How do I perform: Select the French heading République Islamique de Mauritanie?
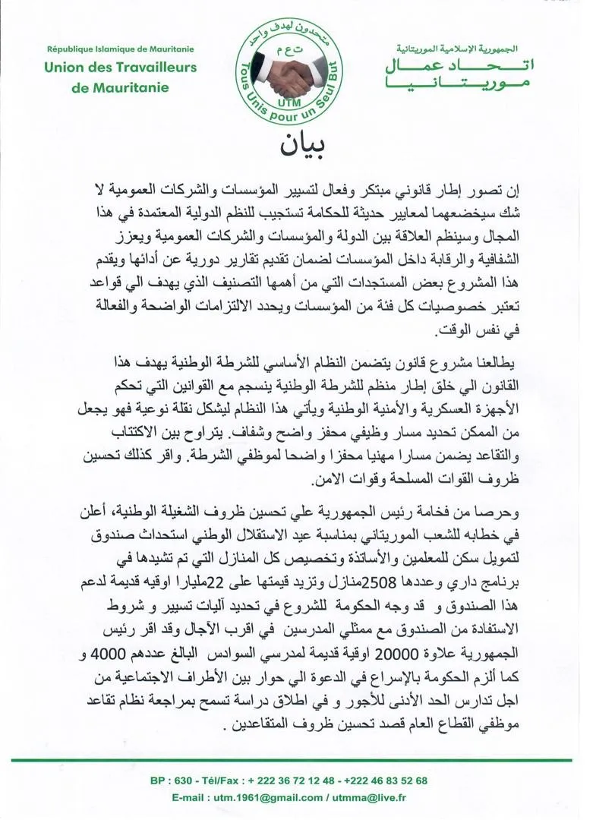click(x=121, y=48)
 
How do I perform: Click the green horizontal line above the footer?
click(x=298, y=760)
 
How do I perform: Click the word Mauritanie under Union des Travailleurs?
click(x=128, y=87)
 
